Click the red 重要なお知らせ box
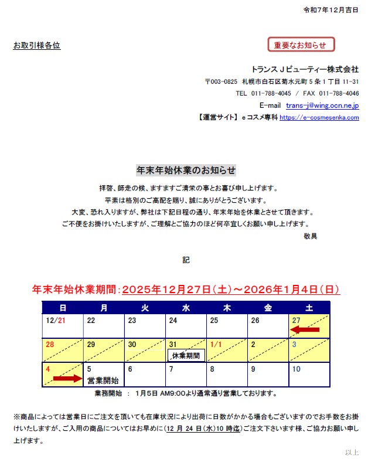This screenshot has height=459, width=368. [x=301, y=45]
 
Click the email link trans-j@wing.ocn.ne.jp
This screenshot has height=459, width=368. [x=322, y=106]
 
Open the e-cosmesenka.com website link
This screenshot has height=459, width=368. [x=319, y=117]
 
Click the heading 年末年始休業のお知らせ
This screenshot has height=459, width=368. [x=186, y=170]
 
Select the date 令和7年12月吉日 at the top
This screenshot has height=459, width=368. [x=330, y=11]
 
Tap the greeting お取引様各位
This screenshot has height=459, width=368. [x=37, y=45]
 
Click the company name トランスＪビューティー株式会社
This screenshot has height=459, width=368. [x=305, y=69]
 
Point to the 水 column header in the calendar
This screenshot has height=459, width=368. [x=186, y=308]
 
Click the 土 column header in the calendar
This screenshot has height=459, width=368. [x=309, y=308]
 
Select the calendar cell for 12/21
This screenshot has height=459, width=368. [x=63, y=326]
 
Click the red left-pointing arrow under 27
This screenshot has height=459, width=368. [x=305, y=330]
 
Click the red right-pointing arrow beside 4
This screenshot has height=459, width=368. [x=68, y=379]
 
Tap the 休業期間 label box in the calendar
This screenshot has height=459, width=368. [x=186, y=355]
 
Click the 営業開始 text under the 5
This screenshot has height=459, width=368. [x=103, y=380]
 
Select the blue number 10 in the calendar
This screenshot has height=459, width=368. [x=296, y=369]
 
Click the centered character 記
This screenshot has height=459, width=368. [x=186, y=260]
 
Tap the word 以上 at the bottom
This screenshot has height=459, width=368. [x=352, y=452]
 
